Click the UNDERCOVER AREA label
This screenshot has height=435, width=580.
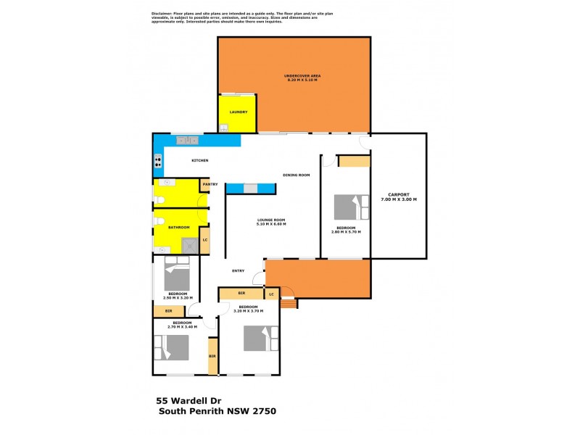(302, 76)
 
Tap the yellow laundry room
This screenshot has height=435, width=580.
(239, 114)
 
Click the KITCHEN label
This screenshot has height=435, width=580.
(200, 160)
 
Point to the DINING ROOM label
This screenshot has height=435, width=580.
(297, 175)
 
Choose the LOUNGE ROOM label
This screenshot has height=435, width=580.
(271, 221)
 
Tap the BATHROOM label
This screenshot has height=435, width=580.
(178, 228)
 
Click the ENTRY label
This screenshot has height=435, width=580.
(238, 271)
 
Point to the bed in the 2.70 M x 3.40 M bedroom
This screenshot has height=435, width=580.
(172, 347)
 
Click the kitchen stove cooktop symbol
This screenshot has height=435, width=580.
(157, 162)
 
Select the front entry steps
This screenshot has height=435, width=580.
(289, 303)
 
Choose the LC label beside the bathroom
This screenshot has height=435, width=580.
(205, 240)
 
